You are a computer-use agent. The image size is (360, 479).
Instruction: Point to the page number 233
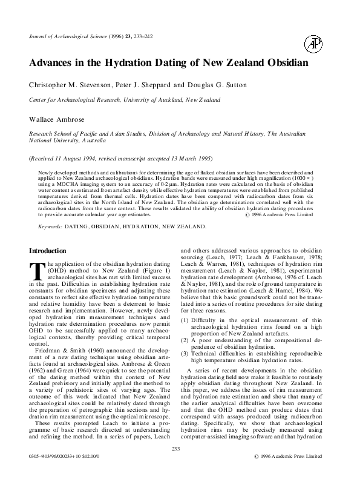coord(177,449)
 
